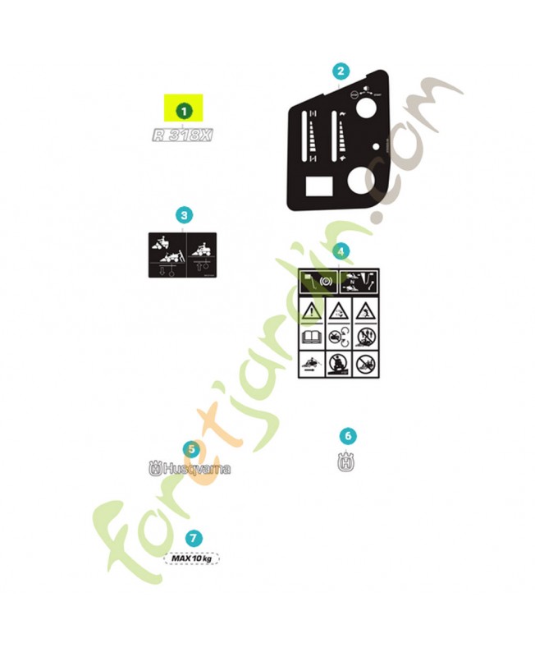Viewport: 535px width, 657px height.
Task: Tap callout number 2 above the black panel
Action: [341, 72]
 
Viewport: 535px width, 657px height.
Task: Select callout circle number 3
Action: [185, 215]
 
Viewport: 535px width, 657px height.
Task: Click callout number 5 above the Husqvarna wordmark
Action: [190, 449]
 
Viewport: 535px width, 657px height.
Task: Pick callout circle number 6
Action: [348, 436]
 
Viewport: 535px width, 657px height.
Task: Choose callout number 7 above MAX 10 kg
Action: [193, 539]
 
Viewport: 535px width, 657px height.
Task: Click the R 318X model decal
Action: [183, 135]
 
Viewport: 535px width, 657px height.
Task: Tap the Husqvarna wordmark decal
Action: [190, 469]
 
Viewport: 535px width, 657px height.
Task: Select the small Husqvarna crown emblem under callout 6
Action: [348, 462]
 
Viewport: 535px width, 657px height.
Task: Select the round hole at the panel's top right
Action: [366, 108]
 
